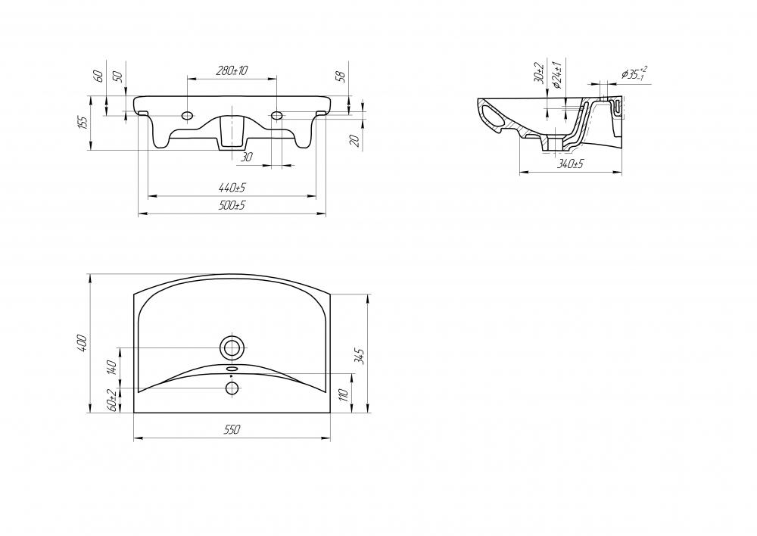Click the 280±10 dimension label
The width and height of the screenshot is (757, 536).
tap(232, 70)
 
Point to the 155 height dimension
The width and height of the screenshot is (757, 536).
tap(83, 123)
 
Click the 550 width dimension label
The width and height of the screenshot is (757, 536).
tap(232, 429)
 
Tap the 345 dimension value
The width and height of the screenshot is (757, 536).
tap(359, 355)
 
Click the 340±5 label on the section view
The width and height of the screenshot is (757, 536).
tap(570, 164)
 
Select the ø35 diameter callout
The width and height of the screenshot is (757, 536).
tap(634, 73)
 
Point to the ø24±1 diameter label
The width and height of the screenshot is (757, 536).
tap(556, 75)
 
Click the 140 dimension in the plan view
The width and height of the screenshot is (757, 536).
tap(112, 367)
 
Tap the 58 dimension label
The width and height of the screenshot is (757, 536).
tap(341, 76)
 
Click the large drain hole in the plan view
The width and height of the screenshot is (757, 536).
tap(232, 347)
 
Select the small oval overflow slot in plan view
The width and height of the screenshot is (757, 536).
tap(232, 369)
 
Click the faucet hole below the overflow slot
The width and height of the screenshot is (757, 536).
tap(232, 388)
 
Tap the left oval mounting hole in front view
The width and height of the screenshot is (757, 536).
tap(187, 116)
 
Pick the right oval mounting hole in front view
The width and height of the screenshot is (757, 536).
tap(276, 116)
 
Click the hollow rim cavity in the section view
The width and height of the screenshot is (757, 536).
tap(492, 117)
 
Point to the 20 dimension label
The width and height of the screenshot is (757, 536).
tap(354, 141)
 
